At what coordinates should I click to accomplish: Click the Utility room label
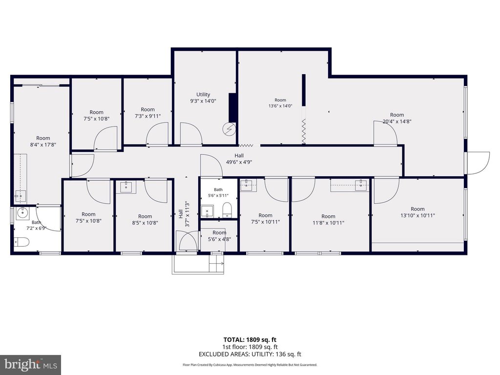pyautogui.click(x=203, y=94)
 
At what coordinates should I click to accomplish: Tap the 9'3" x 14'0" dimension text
pyautogui.click(x=203, y=101)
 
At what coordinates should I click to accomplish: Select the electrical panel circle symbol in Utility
pyautogui.click(x=229, y=129)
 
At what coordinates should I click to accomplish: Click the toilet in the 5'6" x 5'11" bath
pyautogui.click(x=227, y=210)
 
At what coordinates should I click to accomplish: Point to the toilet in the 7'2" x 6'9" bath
pyautogui.click(x=21, y=242)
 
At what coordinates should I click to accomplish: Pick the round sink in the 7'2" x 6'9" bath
pyautogui.click(x=22, y=212)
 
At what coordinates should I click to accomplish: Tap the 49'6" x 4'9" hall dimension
pyautogui.click(x=239, y=162)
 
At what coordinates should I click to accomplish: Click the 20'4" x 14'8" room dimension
pyautogui.click(x=397, y=121)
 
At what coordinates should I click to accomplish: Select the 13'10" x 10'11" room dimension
pyautogui.click(x=417, y=215)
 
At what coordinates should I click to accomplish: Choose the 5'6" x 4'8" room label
pyautogui.click(x=219, y=239)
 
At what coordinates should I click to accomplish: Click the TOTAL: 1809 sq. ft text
pyautogui.click(x=250, y=340)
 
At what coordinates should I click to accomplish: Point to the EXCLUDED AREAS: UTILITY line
pyautogui.click(x=250, y=354)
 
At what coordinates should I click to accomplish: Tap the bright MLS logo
pyautogui.click(x=31, y=364)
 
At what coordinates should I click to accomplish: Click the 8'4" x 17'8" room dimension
pyautogui.click(x=43, y=145)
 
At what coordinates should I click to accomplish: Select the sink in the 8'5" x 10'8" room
pyautogui.click(x=126, y=187)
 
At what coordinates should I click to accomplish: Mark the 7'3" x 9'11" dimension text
pyautogui.click(x=147, y=116)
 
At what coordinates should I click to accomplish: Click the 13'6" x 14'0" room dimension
pyautogui.click(x=280, y=106)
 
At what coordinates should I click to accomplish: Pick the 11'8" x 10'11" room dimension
pyautogui.click(x=328, y=223)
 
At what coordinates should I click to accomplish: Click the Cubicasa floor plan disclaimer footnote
pyautogui.click(x=250, y=365)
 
